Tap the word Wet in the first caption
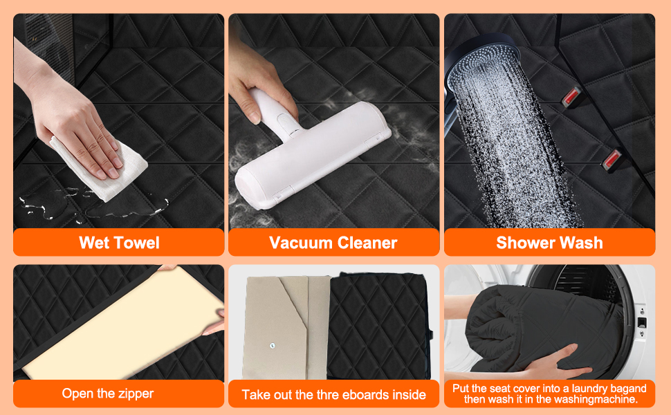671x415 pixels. pyautogui.click(x=93, y=243)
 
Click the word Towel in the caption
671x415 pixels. pyautogui.click(x=136, y=243)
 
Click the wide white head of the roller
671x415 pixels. pyautogui.click(x=313, y=156)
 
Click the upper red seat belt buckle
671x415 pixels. pyautogui.click(x=572, y=97)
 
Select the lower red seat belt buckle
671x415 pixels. pyautogui.click(x=612, y=159)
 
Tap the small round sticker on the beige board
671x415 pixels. pyautogui.click(x=273, y=345)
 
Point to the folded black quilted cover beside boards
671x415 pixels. pyautogui.click(x=378, y=325)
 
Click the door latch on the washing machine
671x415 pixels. pyautogui.click(x=641, y=322)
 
